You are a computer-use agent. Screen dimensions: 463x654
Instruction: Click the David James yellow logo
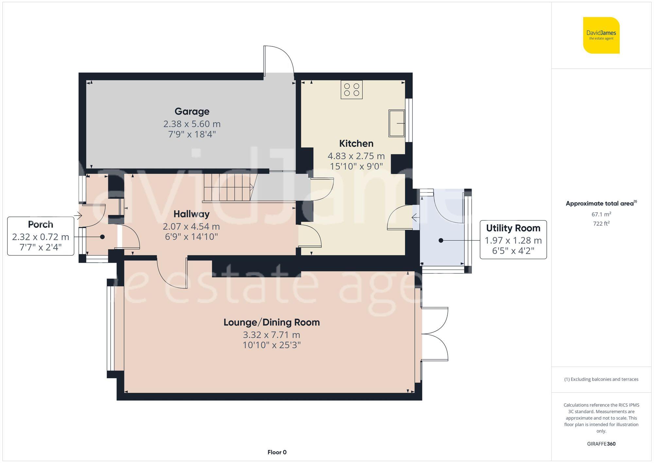601,35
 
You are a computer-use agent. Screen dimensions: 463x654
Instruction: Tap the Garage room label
192,112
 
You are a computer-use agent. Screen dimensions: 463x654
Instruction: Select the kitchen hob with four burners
352,90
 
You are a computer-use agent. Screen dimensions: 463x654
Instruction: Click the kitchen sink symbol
397,123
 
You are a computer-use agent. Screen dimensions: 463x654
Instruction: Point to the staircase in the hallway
228,187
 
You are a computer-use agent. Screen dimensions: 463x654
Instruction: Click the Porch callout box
41,236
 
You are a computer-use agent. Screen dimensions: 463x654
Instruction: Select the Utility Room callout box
513,240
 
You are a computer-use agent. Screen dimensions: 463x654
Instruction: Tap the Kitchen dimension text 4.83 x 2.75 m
356,156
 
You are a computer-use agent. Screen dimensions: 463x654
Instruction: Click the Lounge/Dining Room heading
271,322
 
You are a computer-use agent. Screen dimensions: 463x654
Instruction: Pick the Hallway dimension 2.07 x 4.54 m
191,226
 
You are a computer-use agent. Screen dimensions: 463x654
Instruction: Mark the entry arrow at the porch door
78,216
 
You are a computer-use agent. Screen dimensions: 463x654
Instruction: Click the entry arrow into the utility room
416,217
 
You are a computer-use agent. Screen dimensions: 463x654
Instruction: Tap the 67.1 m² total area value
601,215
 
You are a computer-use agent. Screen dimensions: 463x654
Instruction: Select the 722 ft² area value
601,224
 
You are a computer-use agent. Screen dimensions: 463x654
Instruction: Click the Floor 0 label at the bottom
277,452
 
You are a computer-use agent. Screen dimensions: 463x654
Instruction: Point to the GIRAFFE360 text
601,444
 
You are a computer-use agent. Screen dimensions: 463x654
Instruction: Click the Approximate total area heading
601,204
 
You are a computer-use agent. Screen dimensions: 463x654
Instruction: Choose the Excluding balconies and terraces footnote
601,380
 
